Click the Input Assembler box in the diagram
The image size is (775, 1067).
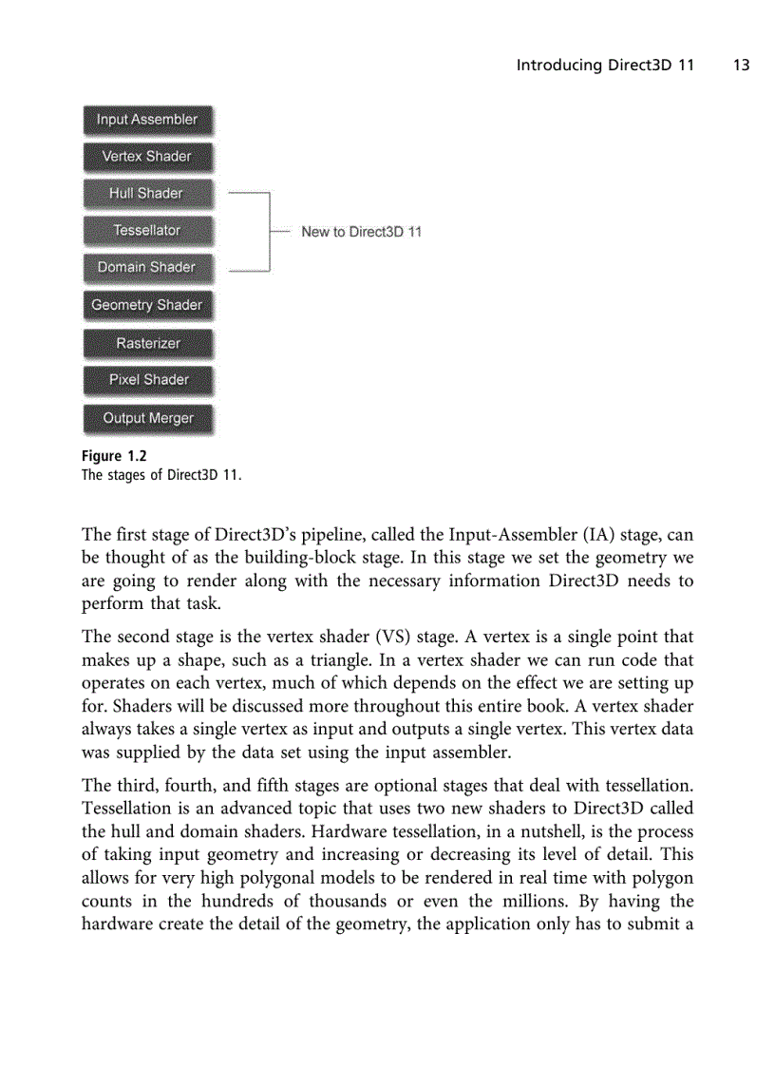(147, 120)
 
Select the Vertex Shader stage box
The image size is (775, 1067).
(147, 157)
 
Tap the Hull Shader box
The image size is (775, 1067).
(147, 194)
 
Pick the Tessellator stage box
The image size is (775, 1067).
(147, 231)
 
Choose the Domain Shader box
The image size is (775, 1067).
(147, 268)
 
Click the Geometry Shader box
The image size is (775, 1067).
(147, 305)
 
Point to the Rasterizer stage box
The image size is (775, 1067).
(147, 343)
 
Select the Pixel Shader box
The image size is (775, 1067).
(147, 380)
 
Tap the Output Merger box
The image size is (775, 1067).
(147, 418)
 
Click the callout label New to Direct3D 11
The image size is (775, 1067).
(361, 232)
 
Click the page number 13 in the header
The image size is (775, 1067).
(741, 66)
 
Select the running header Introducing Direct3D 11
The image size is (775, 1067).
(605, 66)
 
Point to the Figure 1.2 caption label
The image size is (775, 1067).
(114, 456)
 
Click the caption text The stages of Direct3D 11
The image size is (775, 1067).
(161, 474)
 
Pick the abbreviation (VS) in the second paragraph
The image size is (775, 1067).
(385, 637)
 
